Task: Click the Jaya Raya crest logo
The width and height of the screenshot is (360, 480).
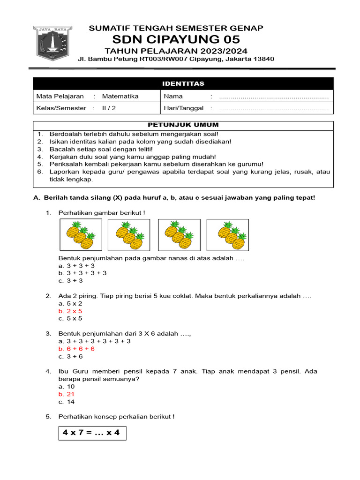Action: pyautogui.click(x=52, y=46)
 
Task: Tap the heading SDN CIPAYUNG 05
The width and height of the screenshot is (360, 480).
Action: pyautogui.click(x=176, y=39)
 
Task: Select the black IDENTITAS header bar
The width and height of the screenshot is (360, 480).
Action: pyautogui.click(x=183, y=83)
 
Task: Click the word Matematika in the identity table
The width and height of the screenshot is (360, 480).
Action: pyautogui.click(x=120, y=96)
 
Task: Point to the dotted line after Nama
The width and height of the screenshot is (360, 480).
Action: pyautogui.click(x=274, y=97)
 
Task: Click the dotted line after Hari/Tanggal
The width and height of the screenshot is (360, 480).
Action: pyautogui.click(x=274, y=108)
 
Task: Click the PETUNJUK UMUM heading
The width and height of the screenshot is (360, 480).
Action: pyautogui.click(x=183, y=125)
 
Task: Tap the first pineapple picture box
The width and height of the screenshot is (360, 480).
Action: pyautogui.click(x=80, y=235)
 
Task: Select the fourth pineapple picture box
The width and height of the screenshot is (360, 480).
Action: pyautogui.click(x=232, y=235)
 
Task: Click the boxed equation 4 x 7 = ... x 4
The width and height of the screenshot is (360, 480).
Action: pyautogui.click(x=91, y=433)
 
